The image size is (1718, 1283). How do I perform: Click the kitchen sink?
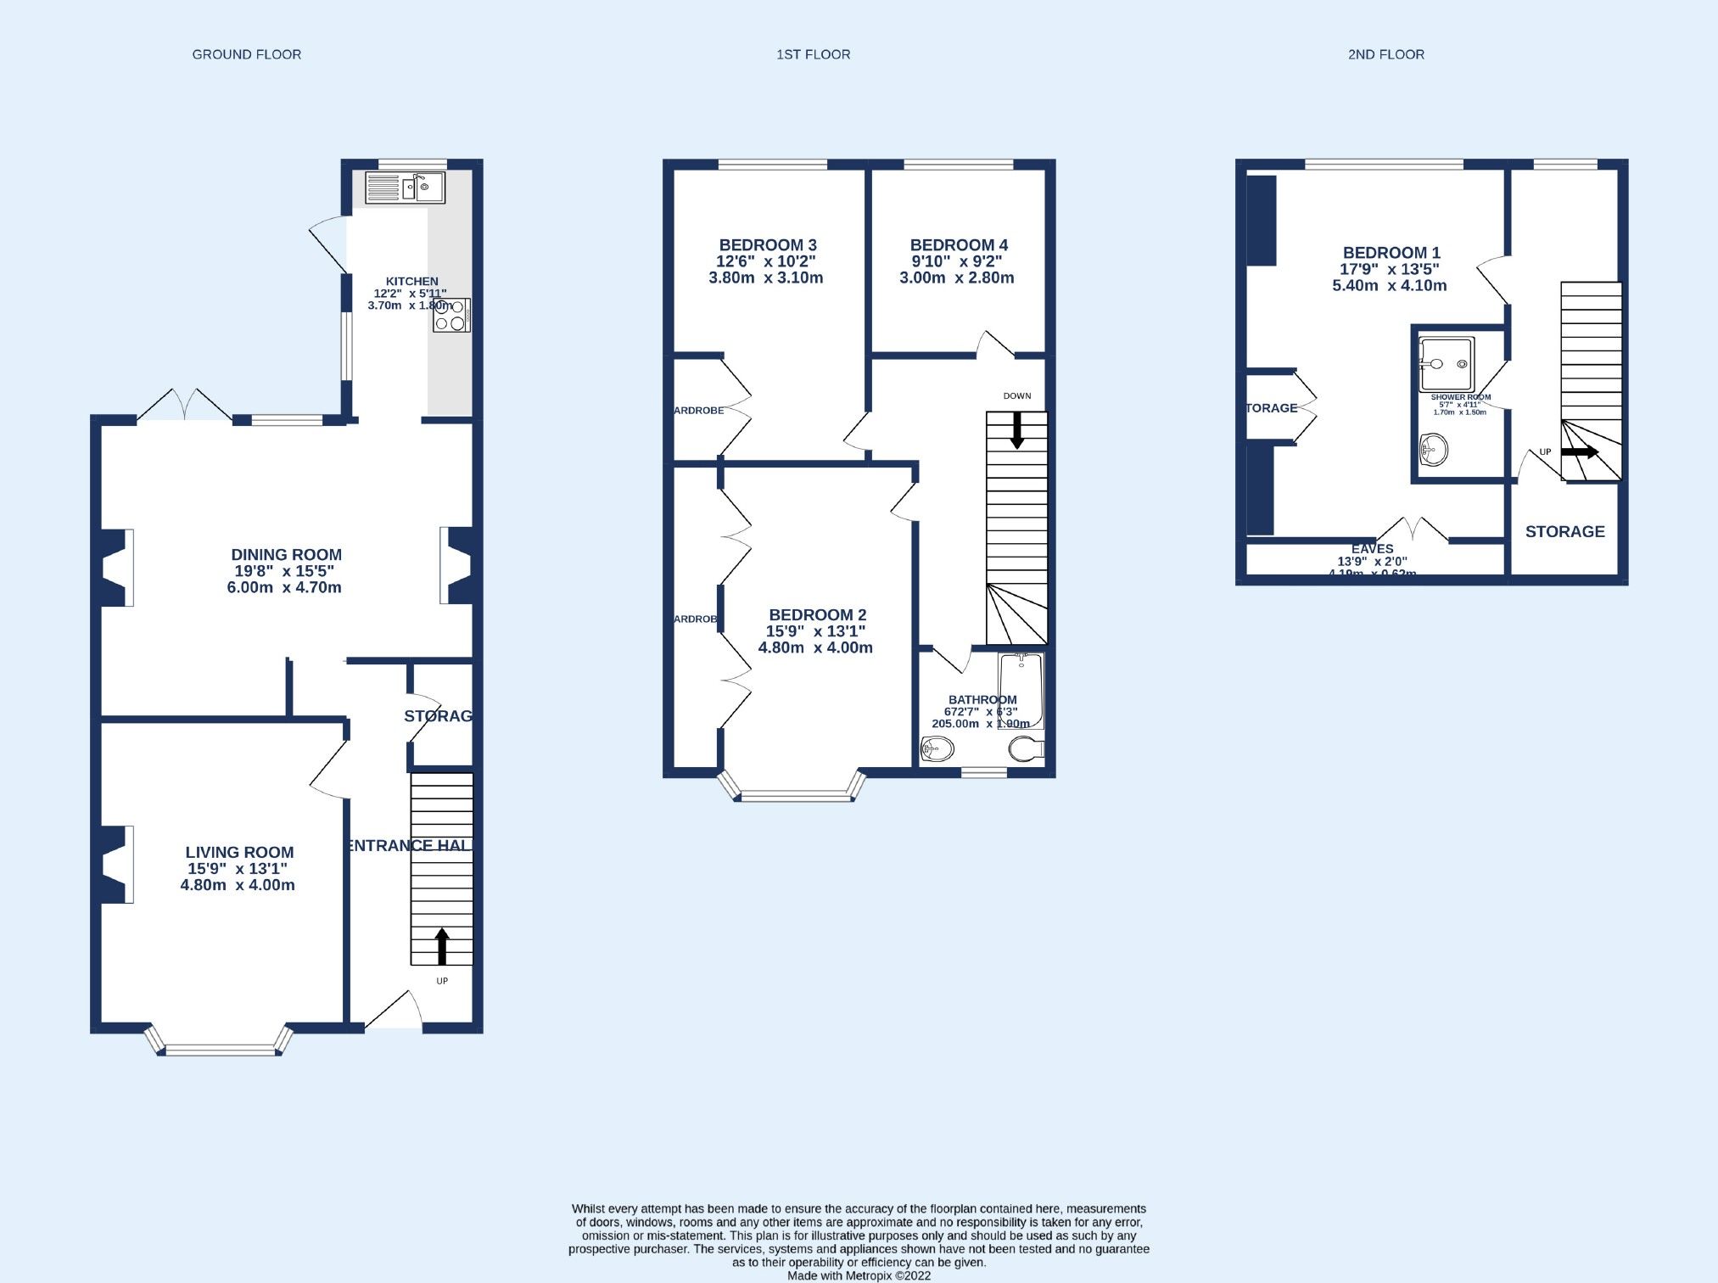click(x=405, y=188)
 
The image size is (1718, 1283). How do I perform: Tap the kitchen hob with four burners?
click(x=451, y=315)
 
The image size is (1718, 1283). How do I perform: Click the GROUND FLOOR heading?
click(x=246, y=54)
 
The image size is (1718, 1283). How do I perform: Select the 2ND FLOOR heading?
click(x=1385, y=54)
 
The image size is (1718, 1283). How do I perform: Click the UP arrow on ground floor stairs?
click(x=441, y=945)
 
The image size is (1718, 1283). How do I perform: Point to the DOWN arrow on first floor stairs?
click(x=1016, y=430)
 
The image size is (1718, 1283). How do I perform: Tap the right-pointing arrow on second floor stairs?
click(x=1579, y=452)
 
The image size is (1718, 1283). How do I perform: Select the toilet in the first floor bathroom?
click(x=1026, y=748)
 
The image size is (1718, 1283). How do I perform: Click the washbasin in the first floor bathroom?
click(x=937, y=748)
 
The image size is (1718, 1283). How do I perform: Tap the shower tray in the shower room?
click(x=1447, y=364)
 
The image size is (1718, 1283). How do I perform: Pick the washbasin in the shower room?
click(x=1433, y=450)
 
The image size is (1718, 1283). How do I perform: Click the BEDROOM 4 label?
click(x=959, y=245)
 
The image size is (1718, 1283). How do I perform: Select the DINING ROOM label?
click(x=286, y=555)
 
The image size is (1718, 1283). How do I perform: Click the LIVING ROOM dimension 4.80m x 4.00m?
click(x=238, y=885)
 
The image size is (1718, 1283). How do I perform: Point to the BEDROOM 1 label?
click(x=1391, y=253)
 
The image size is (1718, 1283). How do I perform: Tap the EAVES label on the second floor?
click(x=1372, y=549)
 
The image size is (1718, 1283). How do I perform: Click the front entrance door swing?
click(x=395, y=1011)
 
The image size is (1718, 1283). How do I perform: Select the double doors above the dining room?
click(x=184, y=405)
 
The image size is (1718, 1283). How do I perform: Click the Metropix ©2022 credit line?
click(x=859, y=1275)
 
